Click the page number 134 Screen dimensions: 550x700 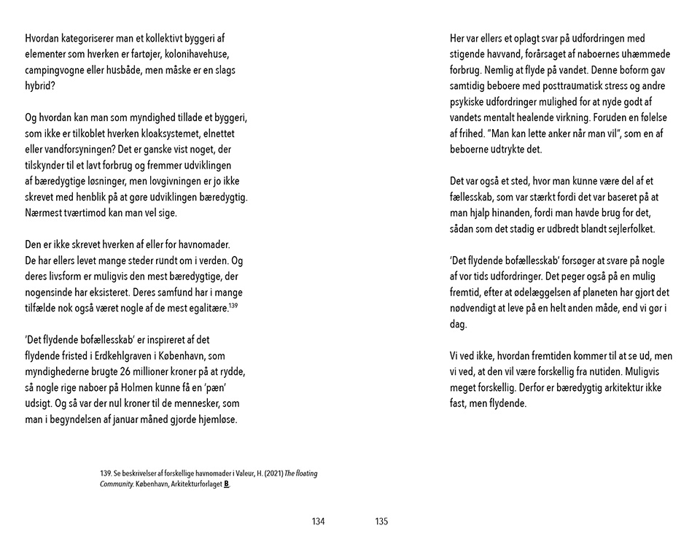pyautogui.click(x=317, y=522)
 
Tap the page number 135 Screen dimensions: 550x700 pyautogui.click(x=381, y=522)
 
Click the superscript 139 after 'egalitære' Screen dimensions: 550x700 pyautogui.click(x=233, y=306)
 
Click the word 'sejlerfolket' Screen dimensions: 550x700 pyautogui.click(x=629, y=229)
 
